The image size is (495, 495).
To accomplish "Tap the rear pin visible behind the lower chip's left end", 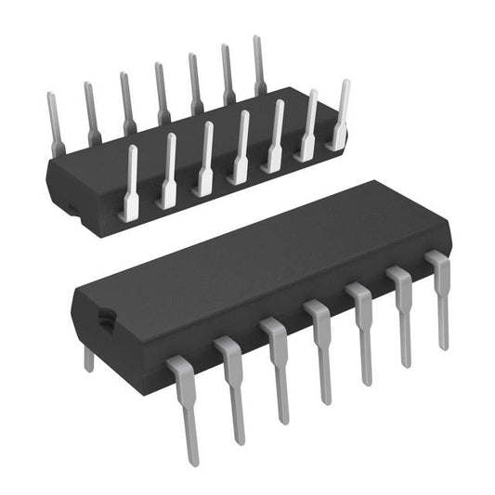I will click(x=89, y=357).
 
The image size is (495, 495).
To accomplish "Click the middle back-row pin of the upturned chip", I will click(x=162, y=93).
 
